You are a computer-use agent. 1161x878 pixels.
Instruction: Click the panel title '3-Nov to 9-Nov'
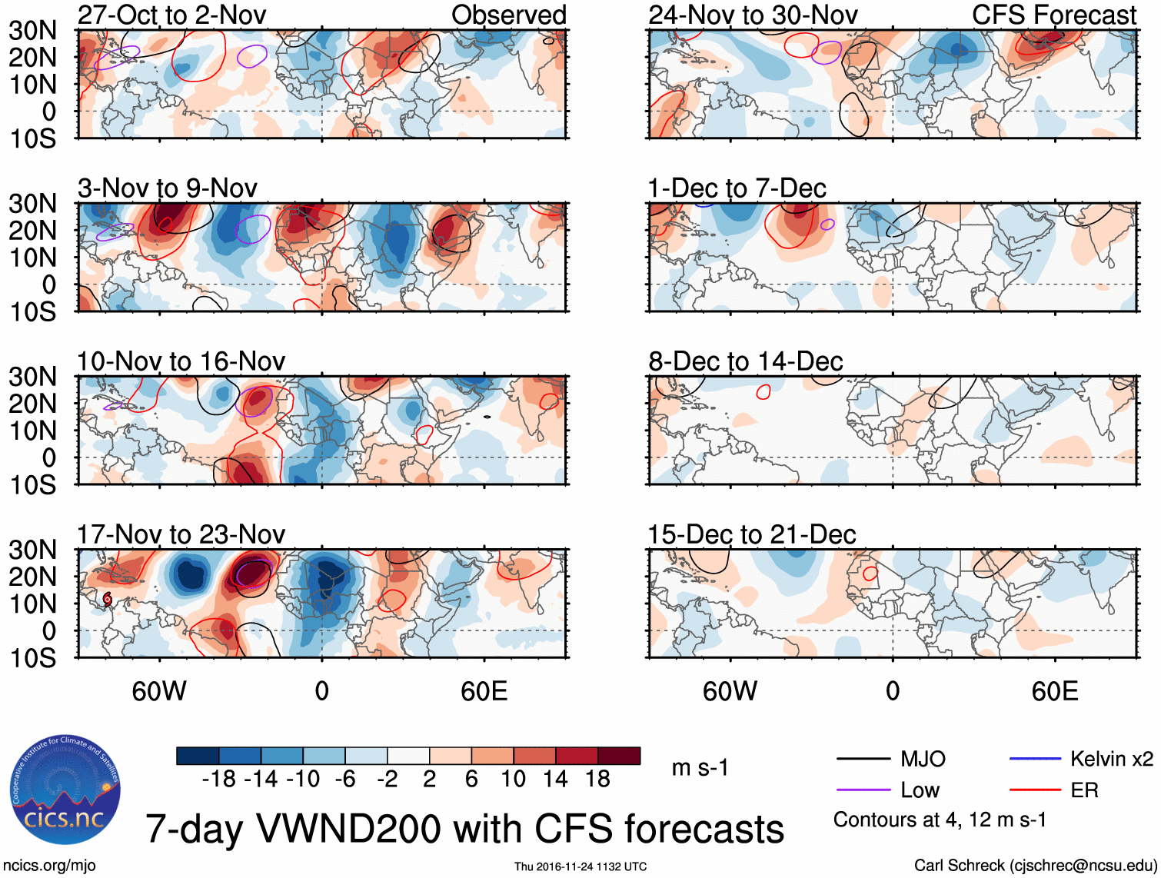[x=167, y=188]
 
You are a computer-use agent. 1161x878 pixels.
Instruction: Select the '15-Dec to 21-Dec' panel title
[x=751, y=534]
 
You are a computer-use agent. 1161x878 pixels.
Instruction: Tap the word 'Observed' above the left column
[x=508, y=15]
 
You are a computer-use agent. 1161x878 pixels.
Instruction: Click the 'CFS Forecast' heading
[x=1053, y=15]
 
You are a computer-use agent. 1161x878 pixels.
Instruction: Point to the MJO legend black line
[x=863, y=760]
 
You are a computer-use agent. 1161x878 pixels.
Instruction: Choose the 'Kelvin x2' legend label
[x=1111, y=760]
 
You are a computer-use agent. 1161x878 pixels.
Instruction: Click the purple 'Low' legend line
[x=863, y=790]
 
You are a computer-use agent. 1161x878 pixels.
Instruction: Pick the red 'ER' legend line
[x=1035, y=790]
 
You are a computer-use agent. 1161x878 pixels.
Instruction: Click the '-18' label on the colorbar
[x=219, y=780]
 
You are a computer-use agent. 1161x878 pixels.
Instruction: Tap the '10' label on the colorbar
[x=513, y=780]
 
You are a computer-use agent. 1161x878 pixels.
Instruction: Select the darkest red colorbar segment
[x=619, y=756]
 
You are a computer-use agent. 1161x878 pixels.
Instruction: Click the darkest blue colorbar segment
[x=198, y=756]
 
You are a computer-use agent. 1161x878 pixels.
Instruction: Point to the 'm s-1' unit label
[x=700, y=768]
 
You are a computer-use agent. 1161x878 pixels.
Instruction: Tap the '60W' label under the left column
[x=159, y=691]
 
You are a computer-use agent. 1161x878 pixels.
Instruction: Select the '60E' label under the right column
[x=1054, y=691]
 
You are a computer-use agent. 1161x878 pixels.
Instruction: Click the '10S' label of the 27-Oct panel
[x=32, y=139]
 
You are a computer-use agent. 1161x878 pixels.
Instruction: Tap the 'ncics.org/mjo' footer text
[x=50, y=866]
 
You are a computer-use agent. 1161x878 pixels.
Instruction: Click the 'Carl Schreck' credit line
[x=1035, y=866]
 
